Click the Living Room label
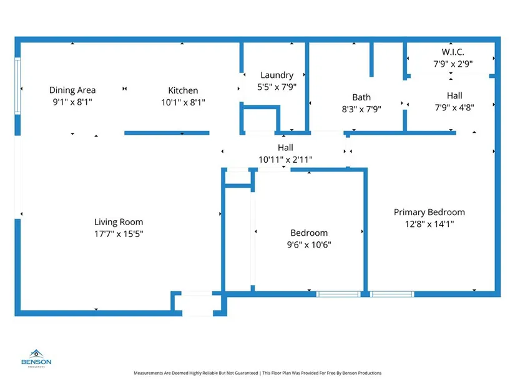tap(119, 222)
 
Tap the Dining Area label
tap(72, 90)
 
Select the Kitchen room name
tap(183, 90)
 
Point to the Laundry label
tap(277, 75)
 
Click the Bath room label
tap(361, 97)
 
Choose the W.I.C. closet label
tap(453, 52)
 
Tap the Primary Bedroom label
tap(429, 212)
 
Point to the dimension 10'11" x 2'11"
tap(285, 160)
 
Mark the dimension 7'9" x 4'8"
tap(454, 107)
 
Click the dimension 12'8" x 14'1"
tap(429, 224)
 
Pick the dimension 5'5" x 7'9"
tap(277, 87)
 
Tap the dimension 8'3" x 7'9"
tap(361, 109)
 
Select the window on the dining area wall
tap(17, 85)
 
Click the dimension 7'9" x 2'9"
tap(453, 64)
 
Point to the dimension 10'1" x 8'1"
tap(183, 102)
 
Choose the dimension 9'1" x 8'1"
tap(72, 102)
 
